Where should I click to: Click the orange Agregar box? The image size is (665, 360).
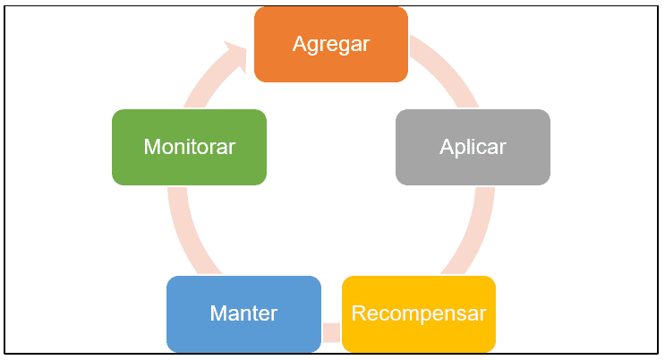click(331, 44)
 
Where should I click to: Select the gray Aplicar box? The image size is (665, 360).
click(473, 147)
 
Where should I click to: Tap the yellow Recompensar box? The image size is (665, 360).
click(419, 313)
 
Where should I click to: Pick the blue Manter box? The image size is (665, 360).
click(243, 313)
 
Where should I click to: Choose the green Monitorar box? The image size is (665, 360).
click(189, 147)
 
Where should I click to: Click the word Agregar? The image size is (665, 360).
click(331, 45)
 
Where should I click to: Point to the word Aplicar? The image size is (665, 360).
click(473, 147)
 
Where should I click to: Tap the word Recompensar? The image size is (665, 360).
click(419, 314)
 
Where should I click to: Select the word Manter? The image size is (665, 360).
click(243, 313)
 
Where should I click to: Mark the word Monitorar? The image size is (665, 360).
click(189, 147)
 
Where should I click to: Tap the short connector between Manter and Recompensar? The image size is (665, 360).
click(331, 332)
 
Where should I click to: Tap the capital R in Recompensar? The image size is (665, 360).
click(359, 313)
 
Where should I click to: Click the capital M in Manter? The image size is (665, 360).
click(219, 313)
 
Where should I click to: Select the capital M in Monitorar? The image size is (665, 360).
click(152, 147)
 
